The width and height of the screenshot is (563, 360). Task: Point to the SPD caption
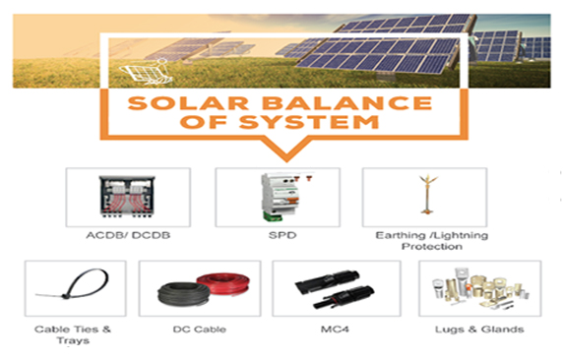[x=278, y=236]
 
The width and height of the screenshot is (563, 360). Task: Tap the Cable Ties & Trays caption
[x=67, y=334]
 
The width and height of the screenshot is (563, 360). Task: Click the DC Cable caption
[x=199, y=329]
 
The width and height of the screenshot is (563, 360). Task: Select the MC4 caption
[x=334, y=329]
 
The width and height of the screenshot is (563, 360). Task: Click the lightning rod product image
[x=426, y=194]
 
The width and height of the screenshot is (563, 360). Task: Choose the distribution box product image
[x=127, y=197]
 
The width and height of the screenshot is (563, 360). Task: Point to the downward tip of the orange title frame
[x=278, y=157]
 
